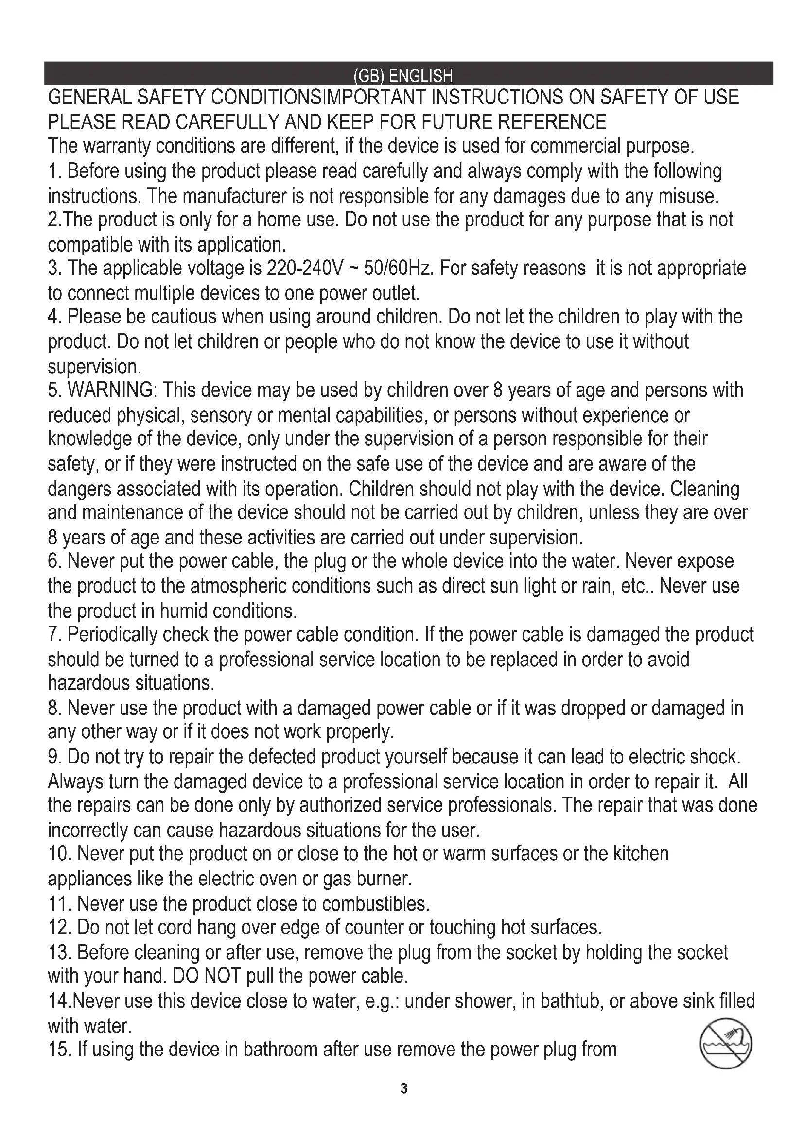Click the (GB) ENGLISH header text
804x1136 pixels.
[x=403, y=76]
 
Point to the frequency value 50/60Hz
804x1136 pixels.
[x=399, y=269]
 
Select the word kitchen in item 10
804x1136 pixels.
[x=641, y=854]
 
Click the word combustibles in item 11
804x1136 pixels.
[x=375, y=904]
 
